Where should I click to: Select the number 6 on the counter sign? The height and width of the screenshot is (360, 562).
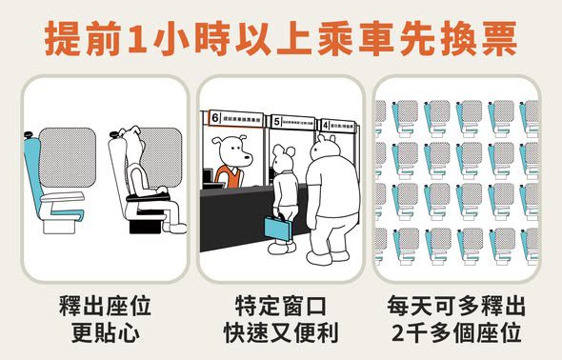(215, 118)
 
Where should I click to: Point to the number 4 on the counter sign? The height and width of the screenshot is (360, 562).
(325, 124)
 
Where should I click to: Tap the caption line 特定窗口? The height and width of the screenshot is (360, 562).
(280, 308)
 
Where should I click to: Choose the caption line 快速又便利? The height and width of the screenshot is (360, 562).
(280, 334)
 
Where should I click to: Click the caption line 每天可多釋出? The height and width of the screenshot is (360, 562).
(456, 308)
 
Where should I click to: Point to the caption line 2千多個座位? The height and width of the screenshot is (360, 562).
(456, 334)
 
